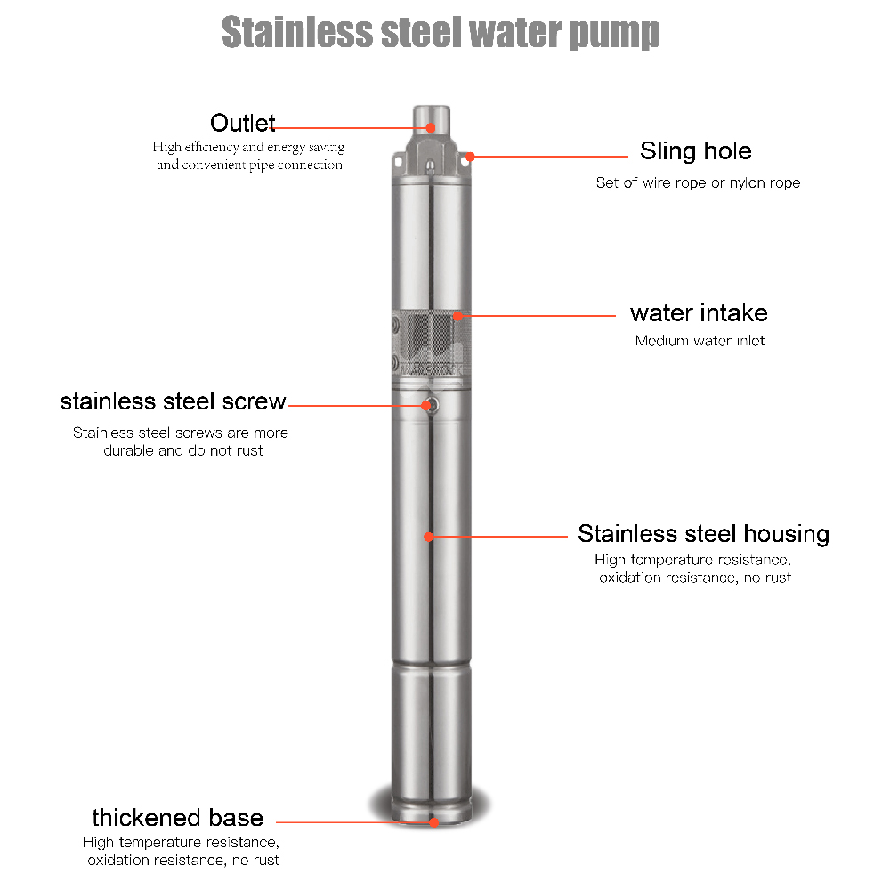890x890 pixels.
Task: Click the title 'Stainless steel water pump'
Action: point(441,32)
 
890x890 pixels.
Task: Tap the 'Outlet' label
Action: point(242,123)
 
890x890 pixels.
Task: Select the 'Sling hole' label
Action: point(696,151)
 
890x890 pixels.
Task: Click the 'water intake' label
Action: point(699,312)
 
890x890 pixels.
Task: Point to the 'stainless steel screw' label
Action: point(174,401)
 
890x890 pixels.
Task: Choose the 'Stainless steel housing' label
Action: point(704,533)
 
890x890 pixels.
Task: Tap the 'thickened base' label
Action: point(178,818)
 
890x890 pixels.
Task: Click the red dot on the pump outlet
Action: point(431,127)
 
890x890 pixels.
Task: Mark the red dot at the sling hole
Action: point(470,156)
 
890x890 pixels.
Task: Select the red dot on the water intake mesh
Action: point(458,316)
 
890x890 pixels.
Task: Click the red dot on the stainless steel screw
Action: point(426,405)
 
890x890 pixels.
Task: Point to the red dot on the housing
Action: point(429,537)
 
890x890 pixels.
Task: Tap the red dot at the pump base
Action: point(433,821)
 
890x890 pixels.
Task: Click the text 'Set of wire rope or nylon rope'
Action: point(698,182)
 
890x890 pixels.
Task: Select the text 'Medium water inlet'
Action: point(700,341)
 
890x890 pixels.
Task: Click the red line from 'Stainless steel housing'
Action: point(498,537)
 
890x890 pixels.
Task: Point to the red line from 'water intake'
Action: point(537,316)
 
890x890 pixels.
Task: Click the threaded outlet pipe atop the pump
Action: point(432,120)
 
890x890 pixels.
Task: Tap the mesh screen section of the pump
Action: point(432,344)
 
